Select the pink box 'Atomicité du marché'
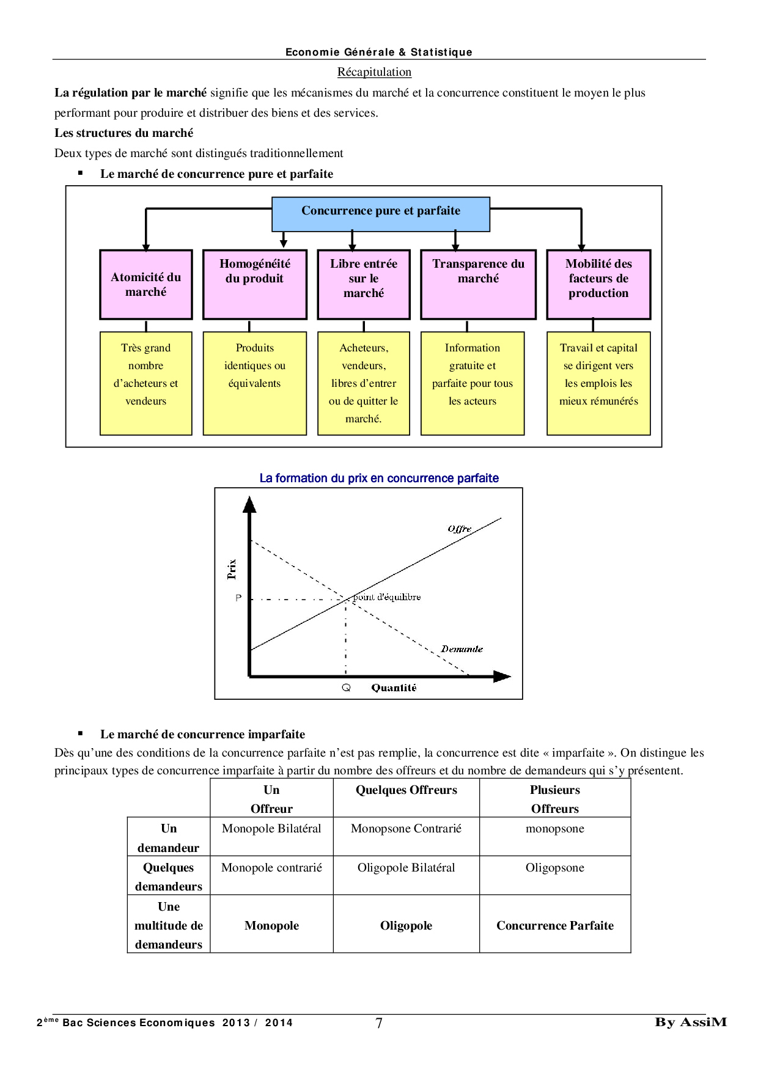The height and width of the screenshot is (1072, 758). tap(145, 284)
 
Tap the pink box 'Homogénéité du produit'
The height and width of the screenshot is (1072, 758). tap(254, 284)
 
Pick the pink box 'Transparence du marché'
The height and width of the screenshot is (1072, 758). tap(478, 284)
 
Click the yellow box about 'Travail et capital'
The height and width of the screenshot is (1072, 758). tap(598, 383)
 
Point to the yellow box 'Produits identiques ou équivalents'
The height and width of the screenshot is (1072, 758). tap(254, 383)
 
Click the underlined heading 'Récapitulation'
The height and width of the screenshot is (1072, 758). tap(374, 72)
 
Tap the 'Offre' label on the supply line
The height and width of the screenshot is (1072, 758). tap(459, 529)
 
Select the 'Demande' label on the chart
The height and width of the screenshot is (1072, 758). tap(462, 648)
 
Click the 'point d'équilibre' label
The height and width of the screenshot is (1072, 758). tap(387, 597)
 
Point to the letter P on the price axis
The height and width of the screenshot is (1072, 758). tap(238, 598)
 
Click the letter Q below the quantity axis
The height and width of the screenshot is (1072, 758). tap(346, 688)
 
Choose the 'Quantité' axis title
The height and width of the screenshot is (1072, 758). tap(394, 688)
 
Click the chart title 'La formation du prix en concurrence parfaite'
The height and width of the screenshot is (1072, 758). tap(379, 478)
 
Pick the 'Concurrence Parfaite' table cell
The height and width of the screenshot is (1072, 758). tap(554, 925)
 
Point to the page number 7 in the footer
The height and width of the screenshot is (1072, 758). tap(379, 1022)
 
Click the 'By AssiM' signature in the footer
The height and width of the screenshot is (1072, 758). tap(691, 1022)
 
